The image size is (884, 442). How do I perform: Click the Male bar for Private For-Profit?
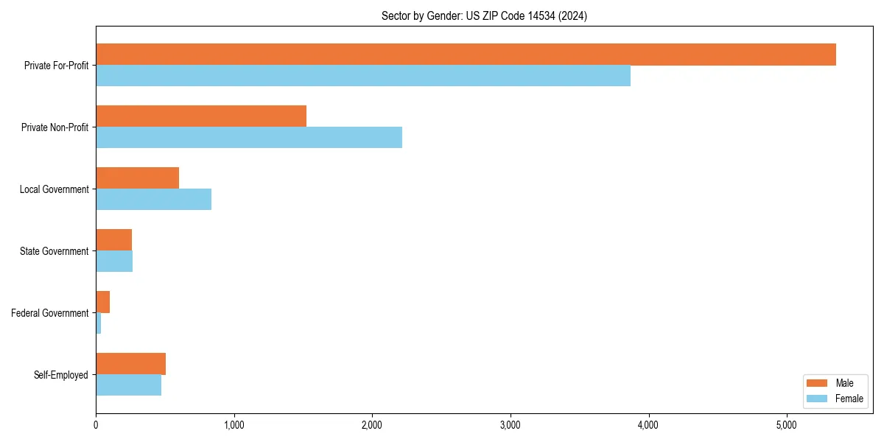[466, 55]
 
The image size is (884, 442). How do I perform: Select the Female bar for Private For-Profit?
[363, 76]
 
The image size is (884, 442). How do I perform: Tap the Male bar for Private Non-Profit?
[201, 116]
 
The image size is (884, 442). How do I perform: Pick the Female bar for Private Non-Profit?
[249, 138]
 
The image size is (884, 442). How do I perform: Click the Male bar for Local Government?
[137, 178]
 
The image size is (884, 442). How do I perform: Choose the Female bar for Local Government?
[153, 200]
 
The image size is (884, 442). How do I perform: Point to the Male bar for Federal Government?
[102, 302]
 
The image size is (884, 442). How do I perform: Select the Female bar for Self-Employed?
[128, 385]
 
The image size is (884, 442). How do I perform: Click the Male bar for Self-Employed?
[130, 364]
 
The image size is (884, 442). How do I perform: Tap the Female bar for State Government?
[114, 262]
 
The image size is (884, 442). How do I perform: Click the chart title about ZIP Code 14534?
[484, 16]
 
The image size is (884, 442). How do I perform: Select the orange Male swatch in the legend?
[818, 383]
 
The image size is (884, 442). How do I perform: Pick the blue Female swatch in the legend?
[818, 399]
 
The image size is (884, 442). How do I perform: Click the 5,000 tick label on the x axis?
[787, 425]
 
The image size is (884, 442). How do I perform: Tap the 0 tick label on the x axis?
[96, 425]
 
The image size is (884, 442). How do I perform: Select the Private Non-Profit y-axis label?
[55, 127]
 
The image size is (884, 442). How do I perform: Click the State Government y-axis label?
[54, 251]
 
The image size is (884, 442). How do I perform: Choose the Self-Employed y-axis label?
[60, 375]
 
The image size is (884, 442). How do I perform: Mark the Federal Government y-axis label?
[50, 313]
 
